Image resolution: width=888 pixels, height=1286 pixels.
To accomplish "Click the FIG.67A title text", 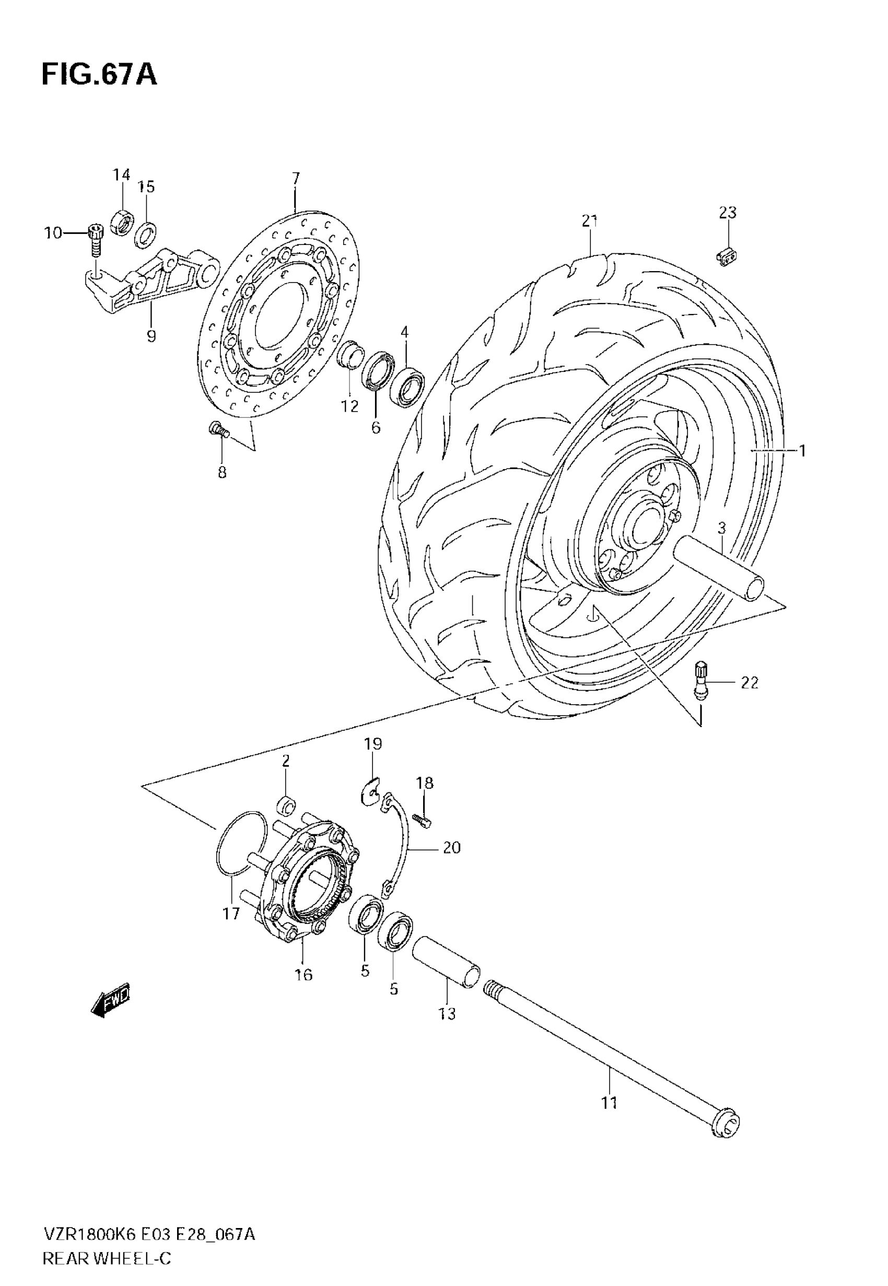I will click(x=99, y=75).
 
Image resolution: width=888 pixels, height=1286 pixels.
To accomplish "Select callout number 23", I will click(x=727, y=213).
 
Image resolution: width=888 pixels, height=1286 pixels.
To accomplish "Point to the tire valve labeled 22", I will click(x=701, y=679).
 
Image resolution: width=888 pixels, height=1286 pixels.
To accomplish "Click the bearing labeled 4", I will click(x=407, y=386).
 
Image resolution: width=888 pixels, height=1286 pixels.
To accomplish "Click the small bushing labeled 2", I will click(x=286, y=805).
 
